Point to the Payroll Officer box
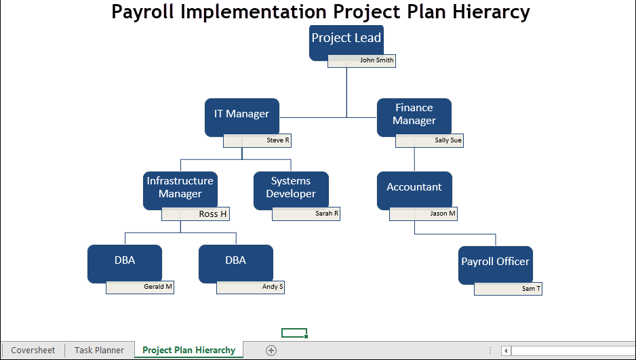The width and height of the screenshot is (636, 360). coord(495,264)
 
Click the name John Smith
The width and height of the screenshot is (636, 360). coord(377,60)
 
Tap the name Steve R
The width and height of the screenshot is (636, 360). coord(278,140)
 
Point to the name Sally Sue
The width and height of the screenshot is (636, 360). coord(448,140)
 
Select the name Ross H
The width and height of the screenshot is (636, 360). coord(212,214)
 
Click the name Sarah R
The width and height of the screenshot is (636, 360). coord(327,214)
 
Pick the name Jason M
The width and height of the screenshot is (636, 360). coord(443,214)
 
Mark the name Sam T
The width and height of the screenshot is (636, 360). coord(531,289)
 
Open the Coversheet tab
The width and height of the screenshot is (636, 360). coord(33,351)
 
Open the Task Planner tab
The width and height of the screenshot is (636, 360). coord(100,351)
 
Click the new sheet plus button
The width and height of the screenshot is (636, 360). coord(271,351)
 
